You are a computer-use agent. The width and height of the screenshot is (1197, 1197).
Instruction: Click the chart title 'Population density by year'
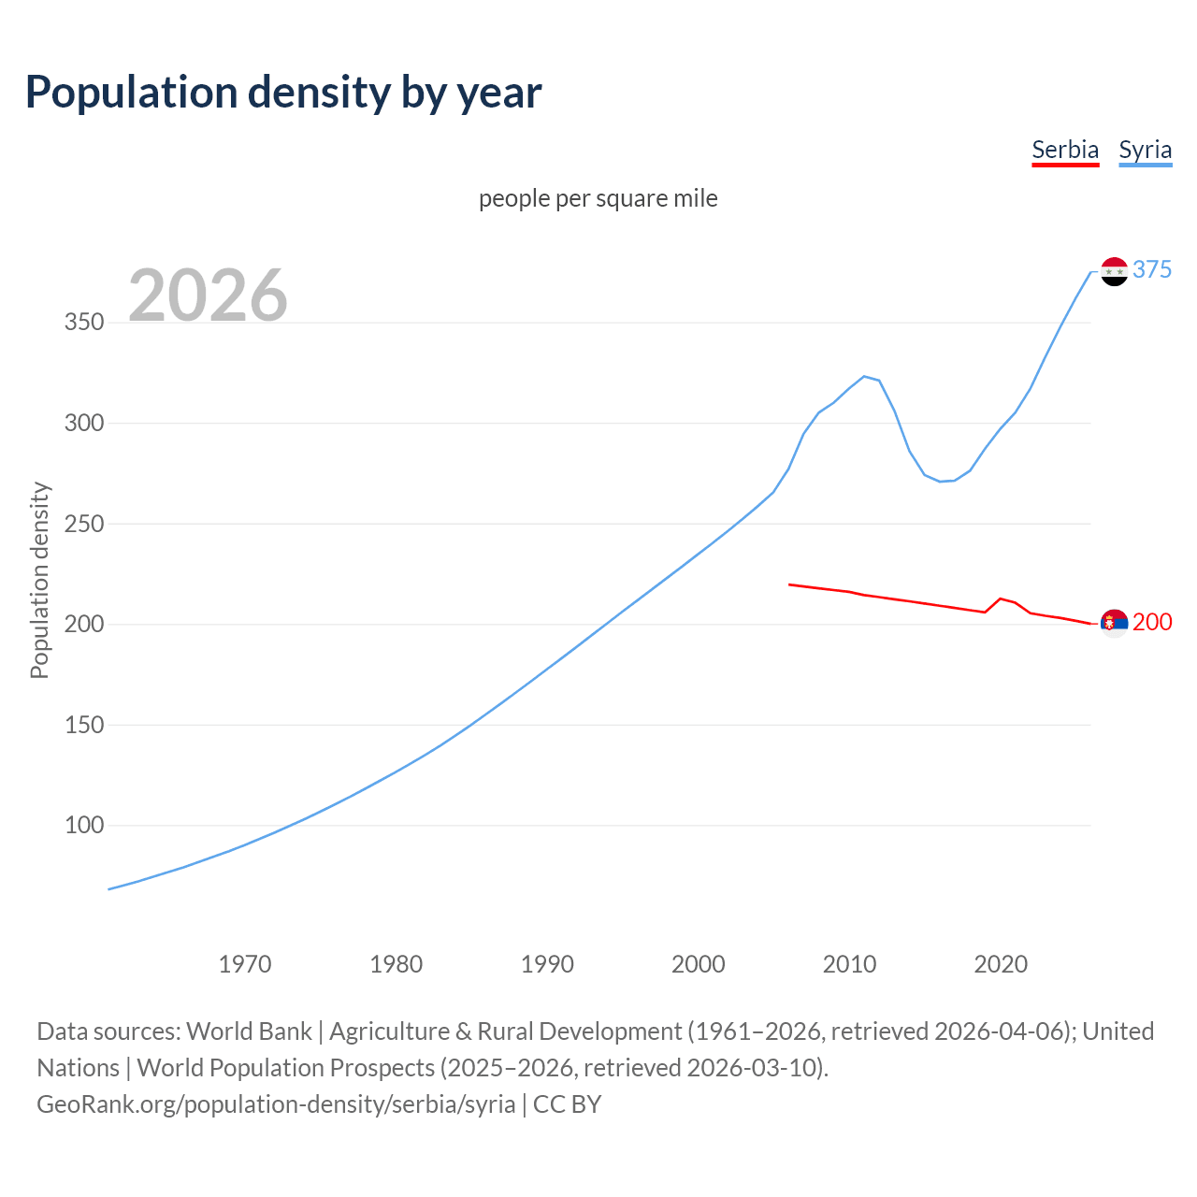pos(283,93)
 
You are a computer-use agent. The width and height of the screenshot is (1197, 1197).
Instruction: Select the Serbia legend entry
pos(1065,150)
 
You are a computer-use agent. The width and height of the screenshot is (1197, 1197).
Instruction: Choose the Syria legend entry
pos(1145,150)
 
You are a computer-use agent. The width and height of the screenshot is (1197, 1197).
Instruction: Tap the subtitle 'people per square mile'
pos(598,198)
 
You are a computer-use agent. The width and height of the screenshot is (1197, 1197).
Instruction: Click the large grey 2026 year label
pos(208,296)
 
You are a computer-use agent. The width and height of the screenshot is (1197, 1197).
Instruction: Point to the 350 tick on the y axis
pos(83,323)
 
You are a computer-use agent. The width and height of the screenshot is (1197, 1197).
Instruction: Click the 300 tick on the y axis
pos(83,423)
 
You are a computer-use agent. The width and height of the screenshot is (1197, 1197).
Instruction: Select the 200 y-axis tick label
pos(83,624)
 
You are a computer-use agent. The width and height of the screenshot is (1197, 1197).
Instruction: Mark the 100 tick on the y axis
pos(83,825)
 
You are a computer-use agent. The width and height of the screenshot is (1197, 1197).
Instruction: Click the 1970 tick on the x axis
pos(245,963)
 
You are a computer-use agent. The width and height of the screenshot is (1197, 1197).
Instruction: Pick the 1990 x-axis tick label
pos(547,963)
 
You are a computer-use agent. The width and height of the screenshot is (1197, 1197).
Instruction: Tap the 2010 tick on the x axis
pos(849,963)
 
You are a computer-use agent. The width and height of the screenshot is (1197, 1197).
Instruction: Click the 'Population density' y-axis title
pos(39,580)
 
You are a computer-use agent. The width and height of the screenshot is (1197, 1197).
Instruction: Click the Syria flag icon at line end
pos(1114,271)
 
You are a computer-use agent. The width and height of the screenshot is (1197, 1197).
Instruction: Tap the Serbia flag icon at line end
pos(1114,623)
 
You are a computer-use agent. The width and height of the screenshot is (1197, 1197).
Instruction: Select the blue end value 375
pos(1151,269)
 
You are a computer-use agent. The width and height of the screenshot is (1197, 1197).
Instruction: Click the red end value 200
pos(1151,622)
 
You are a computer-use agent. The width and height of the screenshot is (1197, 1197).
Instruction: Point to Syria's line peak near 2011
pos(864,376)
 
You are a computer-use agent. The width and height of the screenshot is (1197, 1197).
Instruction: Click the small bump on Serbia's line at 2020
pos(1001,598)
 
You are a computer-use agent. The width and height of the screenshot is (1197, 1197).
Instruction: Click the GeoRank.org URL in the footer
pos(276,1104)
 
